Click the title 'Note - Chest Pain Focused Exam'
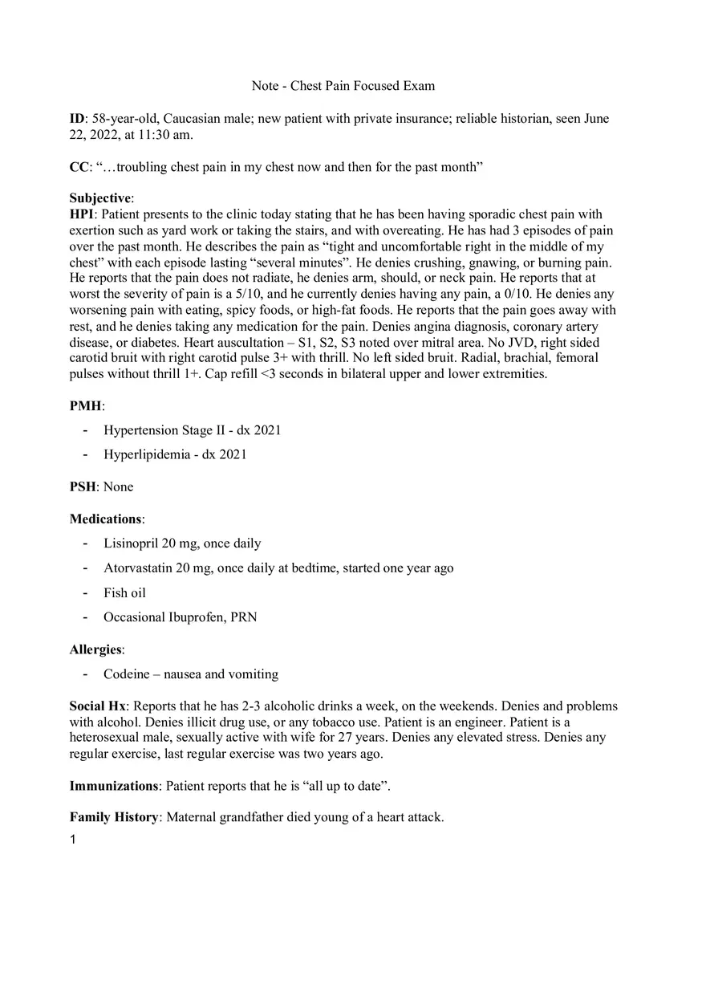[343, 86]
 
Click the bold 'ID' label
[77, 119]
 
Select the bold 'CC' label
[79, 167]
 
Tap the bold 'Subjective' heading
[100, 198]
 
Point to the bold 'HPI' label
[82, 214]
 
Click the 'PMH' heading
[86, 406]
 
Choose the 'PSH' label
[83, 486]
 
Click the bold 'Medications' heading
[105, 519]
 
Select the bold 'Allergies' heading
[95, 649]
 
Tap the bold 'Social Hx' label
[97, 706]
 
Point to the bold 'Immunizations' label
[113, 786]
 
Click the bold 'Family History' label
[114, 817]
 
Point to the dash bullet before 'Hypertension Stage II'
[85, 430]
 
